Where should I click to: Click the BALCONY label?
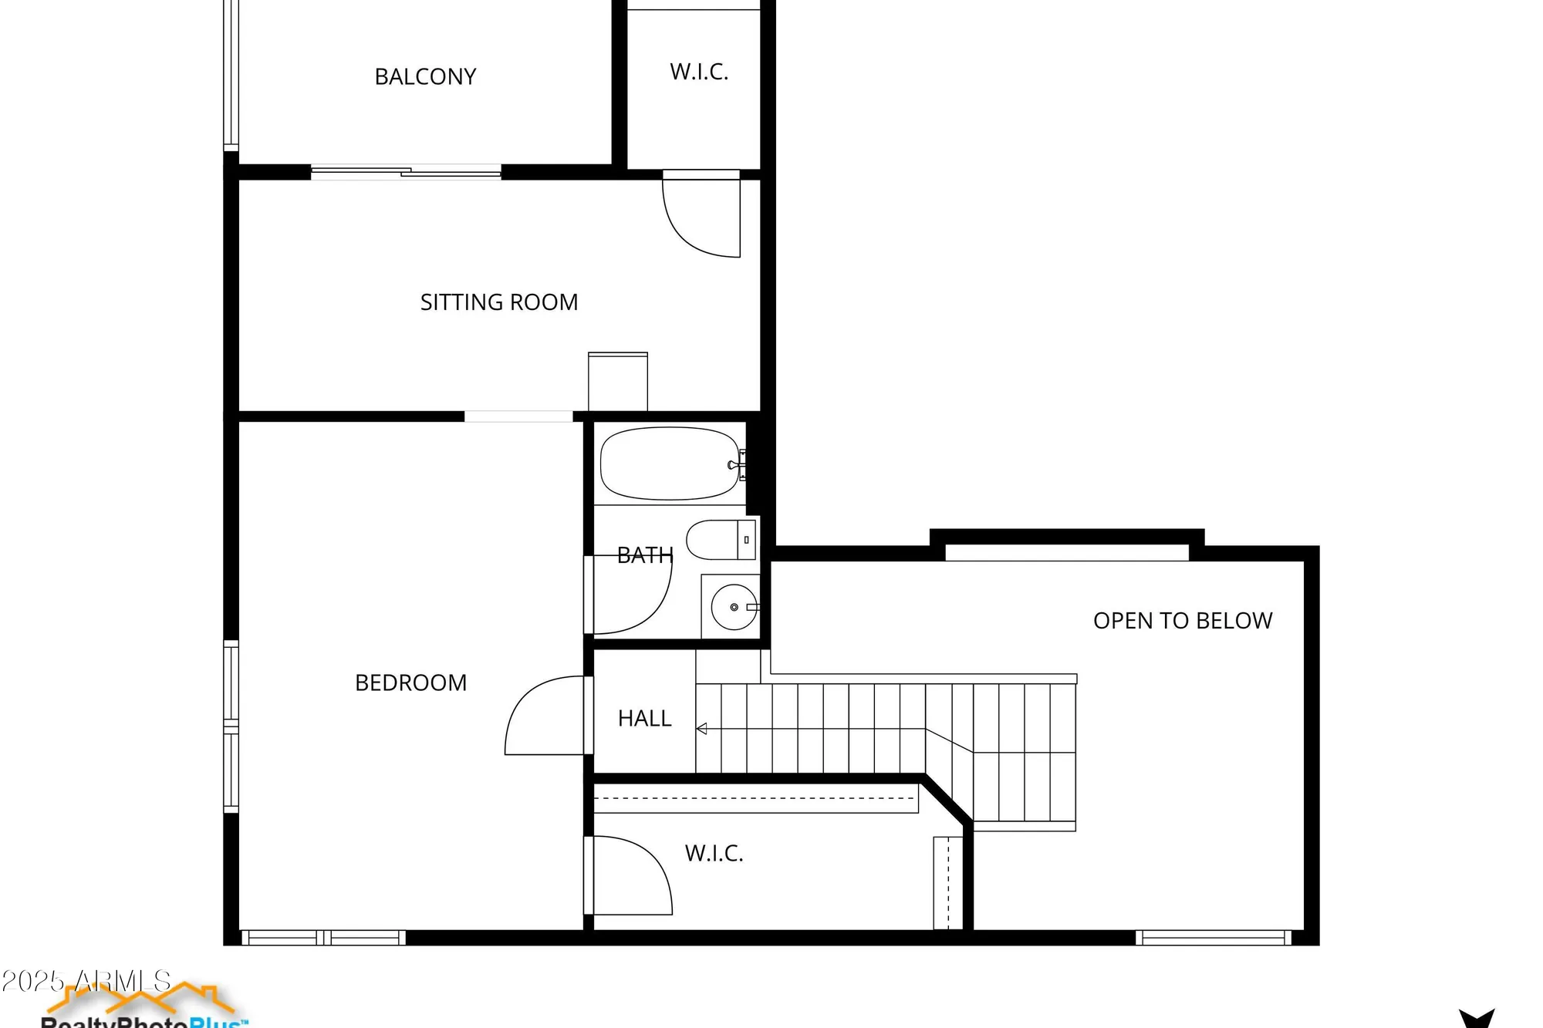click(x=425, y=76)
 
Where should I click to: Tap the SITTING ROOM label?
click(x=498, y=302)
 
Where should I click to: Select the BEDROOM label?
click(x=410, y=683)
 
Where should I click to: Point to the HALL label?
click(x=644, y=719)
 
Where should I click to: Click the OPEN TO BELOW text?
click(x=1182, y=621)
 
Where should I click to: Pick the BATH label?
click(x=645, y=555)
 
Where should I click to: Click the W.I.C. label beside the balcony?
click(x=699, y=72)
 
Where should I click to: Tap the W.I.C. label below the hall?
click(x=714, y=854)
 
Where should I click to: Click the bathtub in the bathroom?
click(x=670, y=463)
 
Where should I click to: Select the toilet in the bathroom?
click(x=721, y=539)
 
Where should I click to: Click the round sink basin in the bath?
click(x=734, y=608)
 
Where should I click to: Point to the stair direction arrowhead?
click(x=701, y=729)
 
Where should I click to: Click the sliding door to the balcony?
click(x=406, y=172)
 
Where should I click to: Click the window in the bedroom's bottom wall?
click(x=323, y=938)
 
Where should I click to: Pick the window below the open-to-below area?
click(x=1213, y=938)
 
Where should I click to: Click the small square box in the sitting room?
click(x=617, y=381)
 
